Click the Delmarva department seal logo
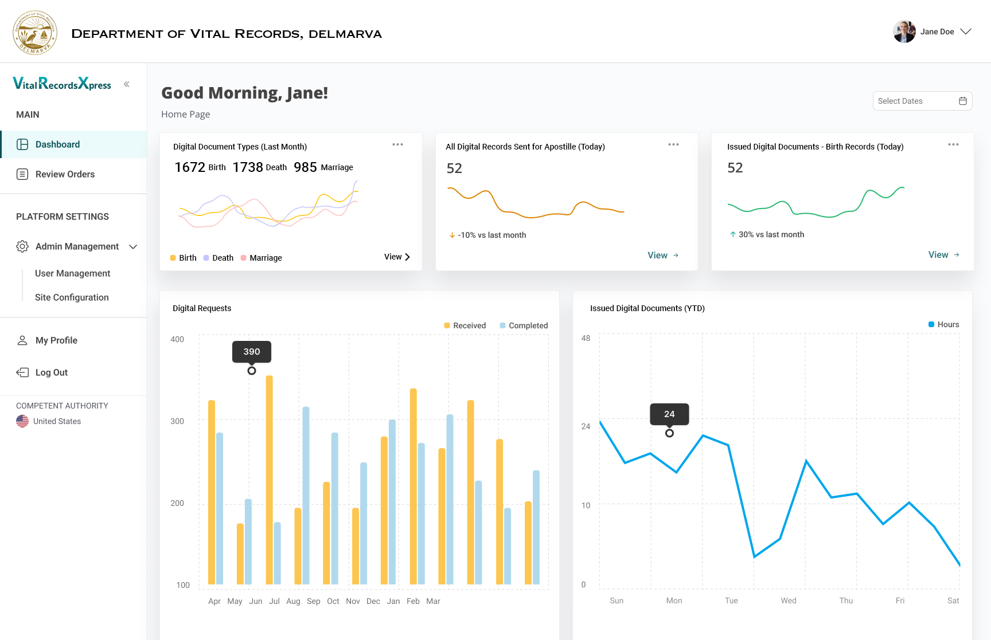pos(35,33)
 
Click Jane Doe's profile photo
pos(904,32)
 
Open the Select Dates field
pos(922,101)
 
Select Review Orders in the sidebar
pos(65,174)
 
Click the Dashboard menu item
pos(57,144)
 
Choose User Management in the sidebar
pos(72,273)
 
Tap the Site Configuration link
pos(72,297)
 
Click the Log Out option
pos(51,372)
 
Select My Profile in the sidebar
pos(56,340)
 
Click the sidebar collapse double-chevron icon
pos(126,84)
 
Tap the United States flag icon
pos(22,421)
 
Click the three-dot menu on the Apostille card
pos(673,144)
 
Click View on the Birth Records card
pos(943,255)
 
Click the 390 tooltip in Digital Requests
pos(251,352)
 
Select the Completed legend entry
pos(524,325)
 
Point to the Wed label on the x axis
pos(788,600)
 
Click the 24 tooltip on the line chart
pos(669,414)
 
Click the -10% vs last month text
pos(491,235)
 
